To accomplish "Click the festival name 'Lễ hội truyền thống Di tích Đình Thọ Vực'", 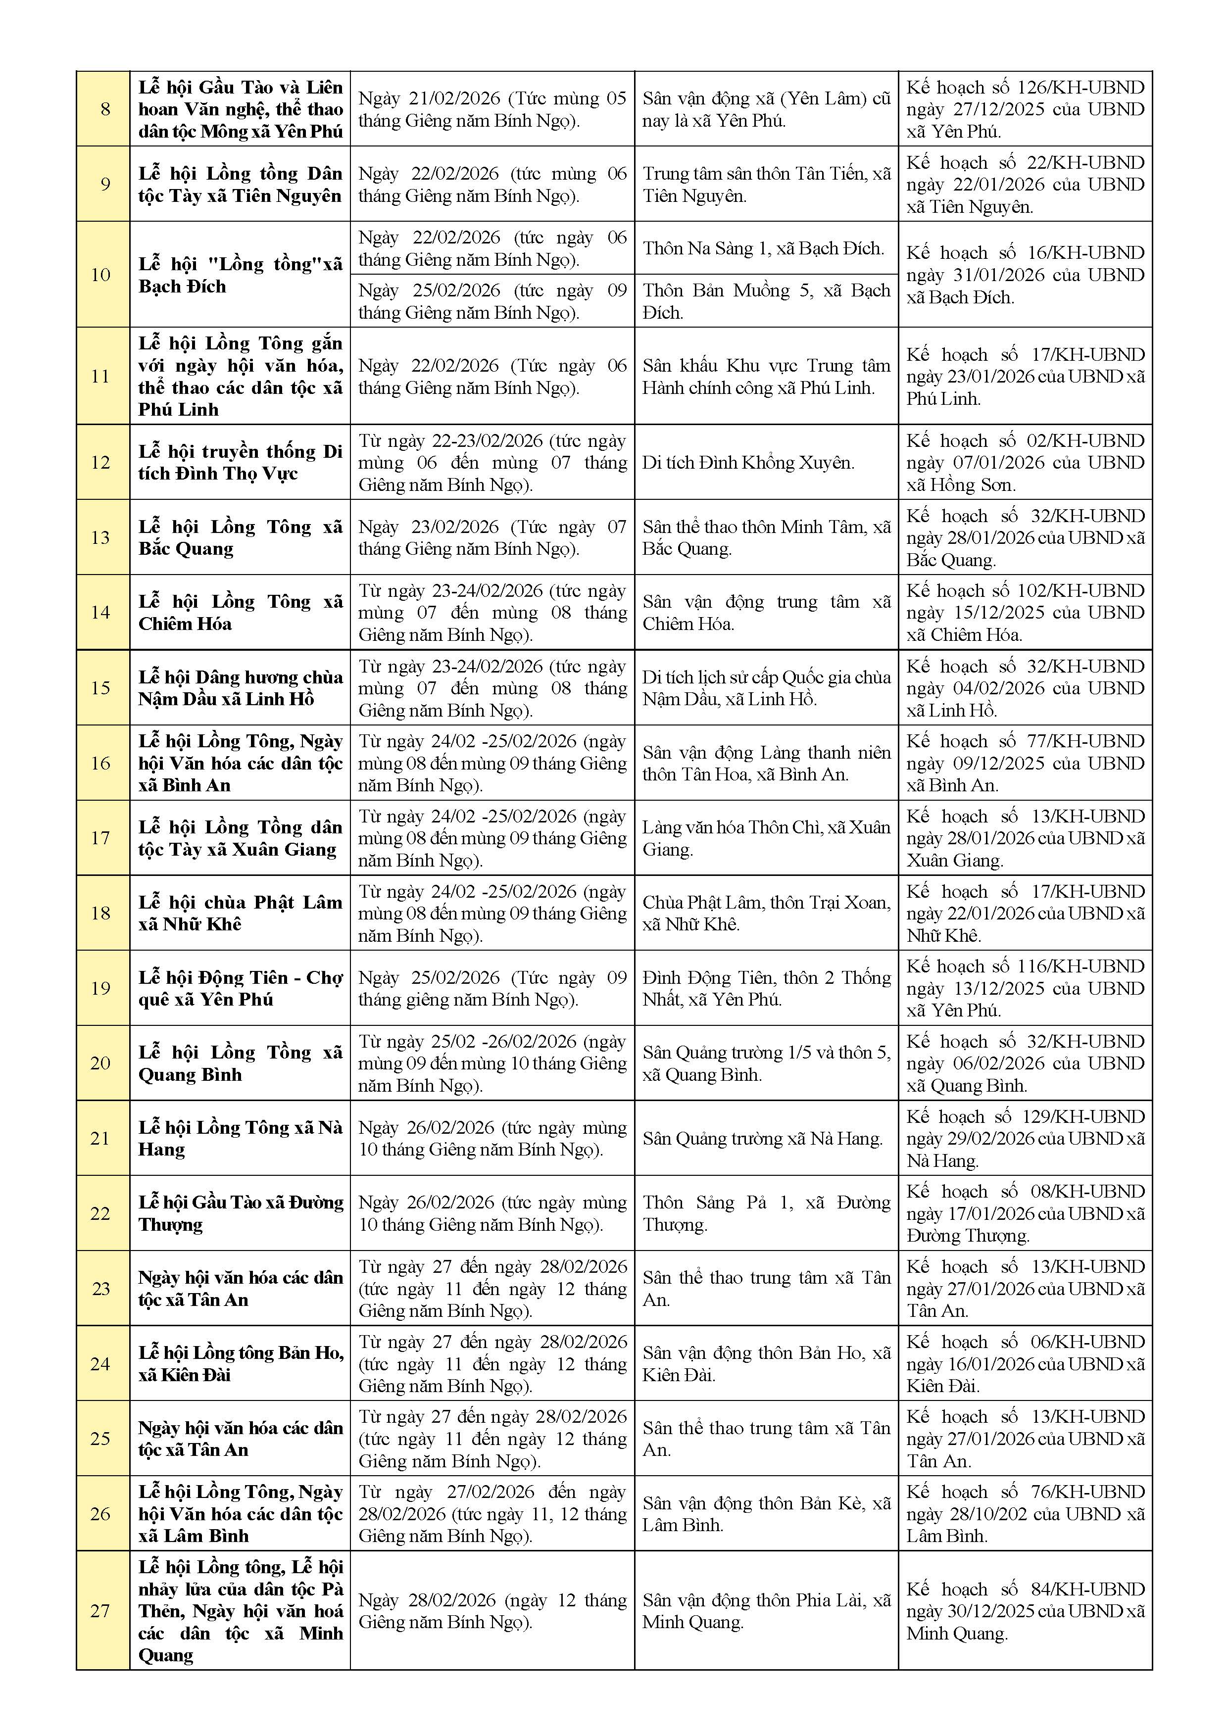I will pos(240,462).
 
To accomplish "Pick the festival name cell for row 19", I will pos(240,988).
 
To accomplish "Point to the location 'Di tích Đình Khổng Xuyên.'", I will pos(748,463).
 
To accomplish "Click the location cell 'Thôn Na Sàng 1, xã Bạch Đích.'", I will pos(763,249).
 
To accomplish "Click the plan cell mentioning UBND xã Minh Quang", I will pos(1025,1611).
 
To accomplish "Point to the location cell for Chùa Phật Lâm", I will pos(765,914).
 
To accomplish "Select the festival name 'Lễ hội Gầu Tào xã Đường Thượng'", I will pos(240,1213).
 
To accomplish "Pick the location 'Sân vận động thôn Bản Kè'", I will pos(765,1514).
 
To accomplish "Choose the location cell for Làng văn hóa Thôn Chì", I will pos(765,838).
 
